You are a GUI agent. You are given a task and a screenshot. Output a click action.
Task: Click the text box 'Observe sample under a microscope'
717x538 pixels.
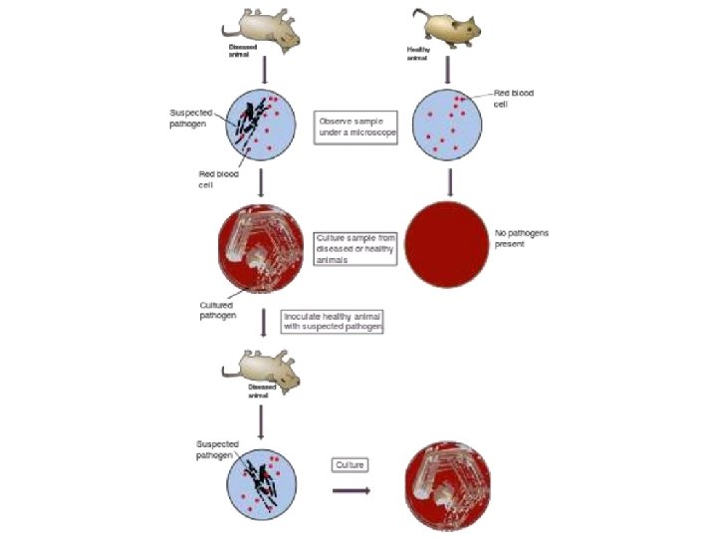coord(356,128)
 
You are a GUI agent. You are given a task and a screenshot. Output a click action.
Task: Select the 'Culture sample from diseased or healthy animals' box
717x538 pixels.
coord(356,249)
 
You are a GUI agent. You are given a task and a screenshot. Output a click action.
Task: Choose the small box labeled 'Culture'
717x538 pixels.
coord(350,465)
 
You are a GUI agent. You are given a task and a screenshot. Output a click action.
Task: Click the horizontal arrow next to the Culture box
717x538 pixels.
coord(351,490)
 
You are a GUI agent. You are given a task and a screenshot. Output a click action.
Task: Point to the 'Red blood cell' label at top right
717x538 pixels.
coord(514,98)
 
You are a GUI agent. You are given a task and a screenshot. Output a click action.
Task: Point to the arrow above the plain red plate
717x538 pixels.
coord(449,181)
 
